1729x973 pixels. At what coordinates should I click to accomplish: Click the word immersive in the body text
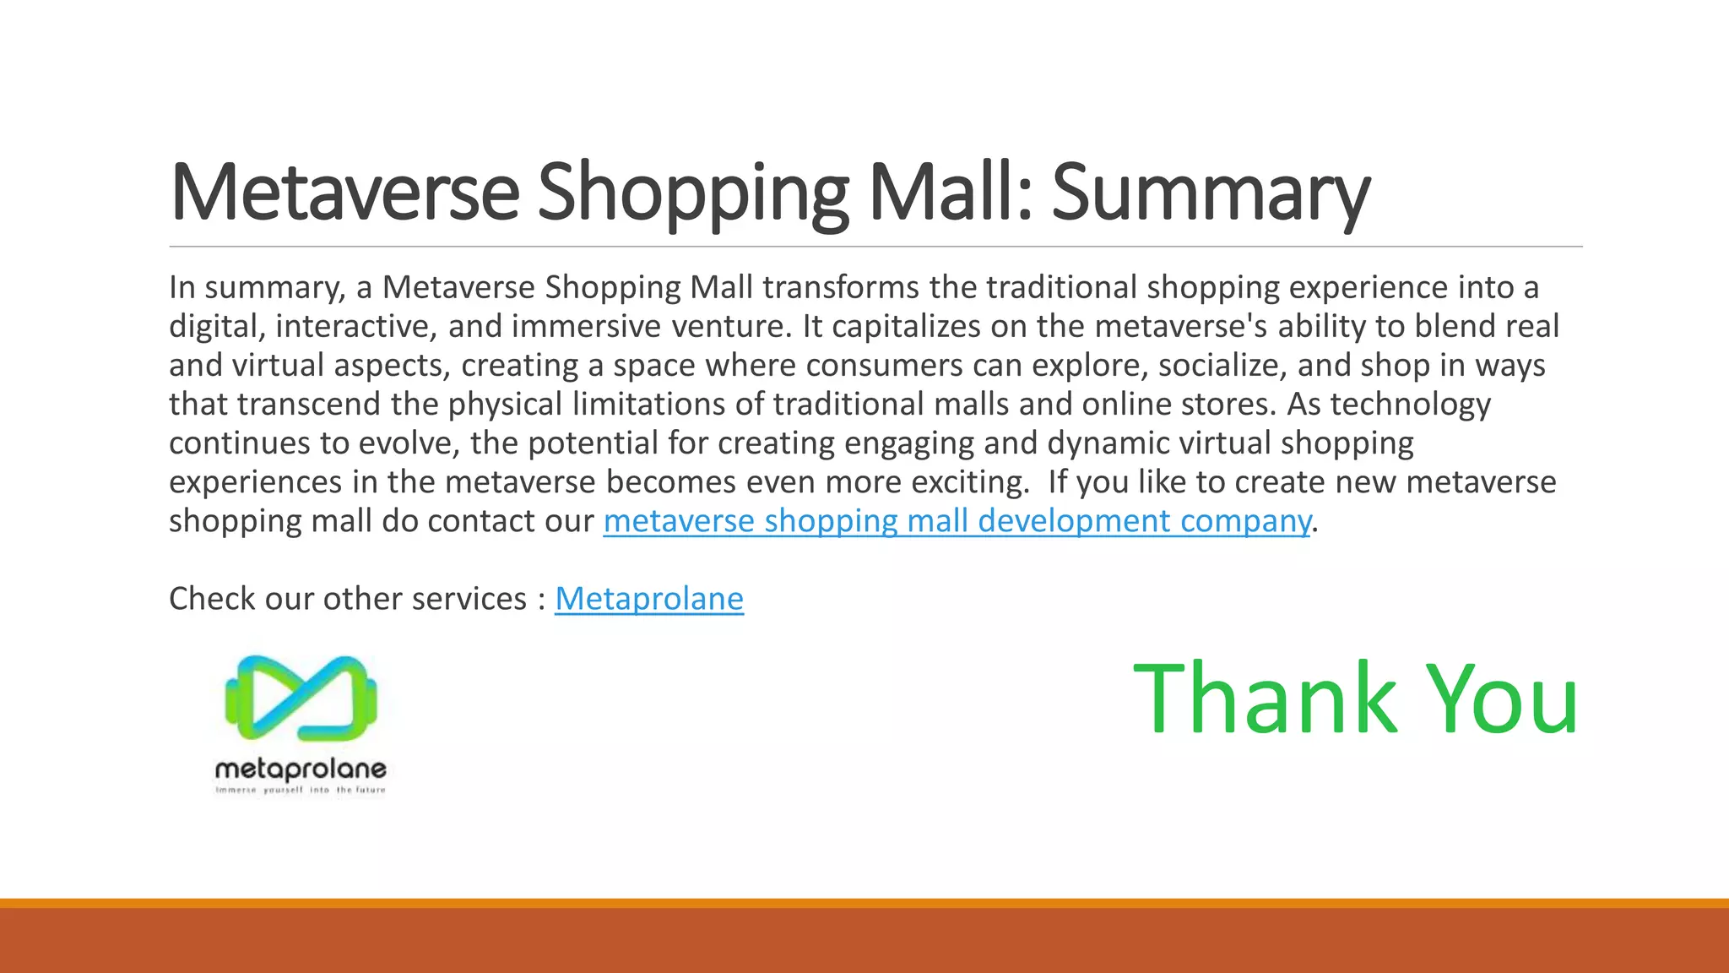coord(586,327)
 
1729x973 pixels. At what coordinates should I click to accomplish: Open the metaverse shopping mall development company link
coord(957,522)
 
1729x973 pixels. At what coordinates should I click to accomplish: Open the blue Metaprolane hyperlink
coord(648,599)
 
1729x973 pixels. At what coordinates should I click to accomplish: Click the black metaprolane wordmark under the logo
coord(301,769)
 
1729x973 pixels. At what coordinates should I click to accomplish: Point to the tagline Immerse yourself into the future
coord(301,791)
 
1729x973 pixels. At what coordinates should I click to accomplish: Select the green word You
coord(1504,699)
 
